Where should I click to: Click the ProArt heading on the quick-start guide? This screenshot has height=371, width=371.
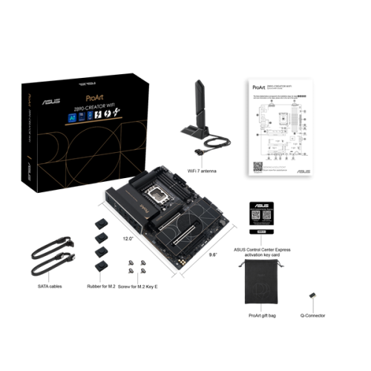click(255, 87)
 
